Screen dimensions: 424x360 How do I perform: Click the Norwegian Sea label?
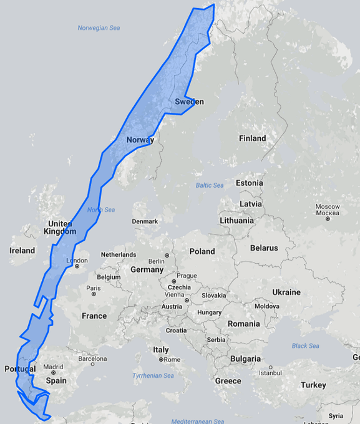[x=99, y=28]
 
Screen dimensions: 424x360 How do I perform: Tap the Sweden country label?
[x=189, y=102]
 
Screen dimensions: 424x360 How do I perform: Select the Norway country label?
[x=140, y=140]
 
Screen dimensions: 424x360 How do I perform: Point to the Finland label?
[x=252, y=138]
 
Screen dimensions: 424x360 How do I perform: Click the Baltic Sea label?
[x=209, y=185]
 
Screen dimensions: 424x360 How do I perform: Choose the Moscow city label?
[x=327, y=206]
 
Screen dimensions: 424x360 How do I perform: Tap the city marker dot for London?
[x=76, y=267]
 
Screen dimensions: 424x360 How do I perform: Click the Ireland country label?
[x=22, y=251]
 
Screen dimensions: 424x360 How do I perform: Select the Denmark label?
[x=145, y=221]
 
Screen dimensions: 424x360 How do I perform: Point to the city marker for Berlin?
[x=166, y=256]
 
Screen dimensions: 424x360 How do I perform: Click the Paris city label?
[x=94, y=288]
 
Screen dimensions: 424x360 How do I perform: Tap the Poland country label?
[x=202, y=251]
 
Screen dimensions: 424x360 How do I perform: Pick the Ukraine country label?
[x=286, y=292]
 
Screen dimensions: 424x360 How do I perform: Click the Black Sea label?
[x=305, y=346]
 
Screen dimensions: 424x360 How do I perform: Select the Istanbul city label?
[x=271, y=373]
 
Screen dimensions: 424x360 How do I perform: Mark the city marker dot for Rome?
[x=161, y=360]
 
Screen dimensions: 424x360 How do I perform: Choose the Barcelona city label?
[x=92, y=359]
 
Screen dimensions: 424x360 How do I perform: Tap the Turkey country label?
[x=313, y=385]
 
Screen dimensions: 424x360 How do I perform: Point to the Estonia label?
[x=249, y=183]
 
